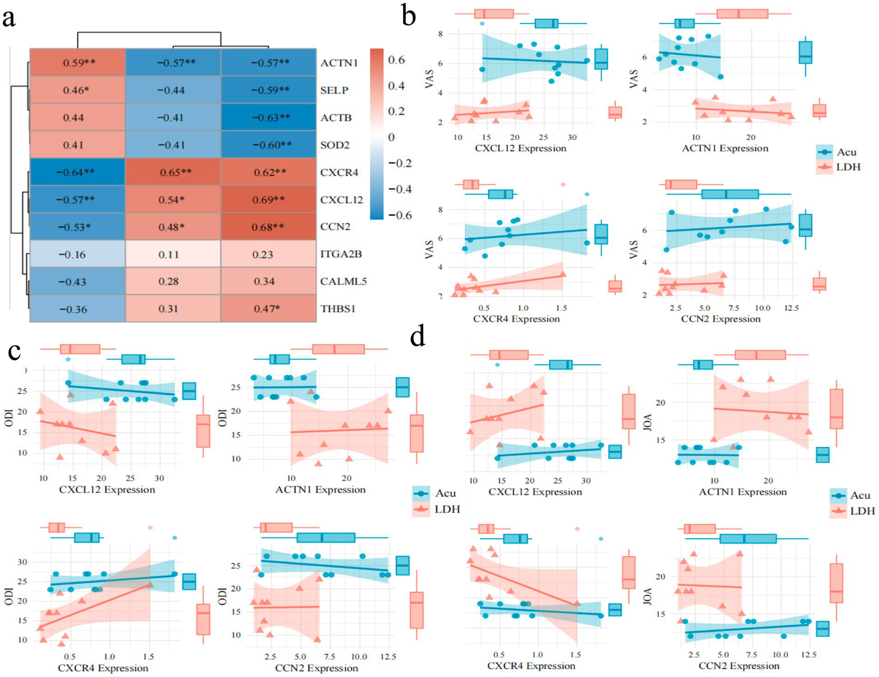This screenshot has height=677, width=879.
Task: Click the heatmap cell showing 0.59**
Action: pos(77,62)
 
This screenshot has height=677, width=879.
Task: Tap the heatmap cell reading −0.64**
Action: pos(77,172)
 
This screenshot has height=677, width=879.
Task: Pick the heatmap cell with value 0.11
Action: pos(172,254)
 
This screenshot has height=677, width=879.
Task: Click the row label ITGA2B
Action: pos(341,254)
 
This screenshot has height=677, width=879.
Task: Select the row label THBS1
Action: pos(338,309)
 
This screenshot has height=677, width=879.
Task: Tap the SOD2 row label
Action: pos(335,145)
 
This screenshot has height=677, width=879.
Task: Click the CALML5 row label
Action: pos(344,281)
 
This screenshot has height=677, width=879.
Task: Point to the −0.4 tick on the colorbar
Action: pos(400,189)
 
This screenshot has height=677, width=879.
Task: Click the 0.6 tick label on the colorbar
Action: pos(396,60)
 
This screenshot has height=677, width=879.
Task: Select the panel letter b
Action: pos(409,16)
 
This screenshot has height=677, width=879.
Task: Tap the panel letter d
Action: pos(418,337)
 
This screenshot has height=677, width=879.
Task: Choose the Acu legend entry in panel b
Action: pos(846,152)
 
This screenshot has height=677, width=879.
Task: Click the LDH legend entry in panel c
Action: pos(447,509)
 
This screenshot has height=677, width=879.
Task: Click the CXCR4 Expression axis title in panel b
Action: pos(516,319)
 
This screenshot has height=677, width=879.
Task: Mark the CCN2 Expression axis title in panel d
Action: pos(739,666)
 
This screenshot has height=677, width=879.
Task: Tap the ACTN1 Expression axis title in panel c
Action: pos(320,490)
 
